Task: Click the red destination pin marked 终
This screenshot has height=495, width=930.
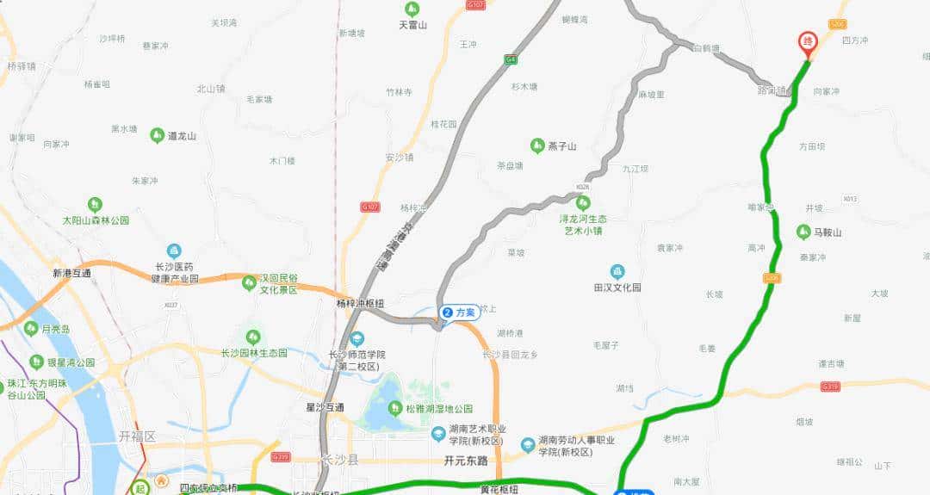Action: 807,42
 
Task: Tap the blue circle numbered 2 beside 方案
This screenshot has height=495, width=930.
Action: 447,312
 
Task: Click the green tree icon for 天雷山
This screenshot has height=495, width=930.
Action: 412,9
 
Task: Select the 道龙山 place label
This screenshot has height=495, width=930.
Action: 182,136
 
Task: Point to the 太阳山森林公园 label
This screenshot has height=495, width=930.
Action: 96,220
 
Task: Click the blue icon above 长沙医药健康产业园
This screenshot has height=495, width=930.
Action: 174,251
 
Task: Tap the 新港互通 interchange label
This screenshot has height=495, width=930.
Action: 71,273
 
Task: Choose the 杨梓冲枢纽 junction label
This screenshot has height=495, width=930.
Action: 359,303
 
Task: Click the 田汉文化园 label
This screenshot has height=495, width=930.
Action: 617,288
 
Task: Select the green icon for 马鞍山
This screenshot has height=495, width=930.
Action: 803,232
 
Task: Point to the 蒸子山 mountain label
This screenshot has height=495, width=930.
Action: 561,145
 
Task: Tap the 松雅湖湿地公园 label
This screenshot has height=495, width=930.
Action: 439,408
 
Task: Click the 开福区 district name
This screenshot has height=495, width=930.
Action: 137,436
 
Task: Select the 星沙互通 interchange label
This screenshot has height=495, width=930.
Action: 325,406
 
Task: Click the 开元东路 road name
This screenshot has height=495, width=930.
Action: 466,461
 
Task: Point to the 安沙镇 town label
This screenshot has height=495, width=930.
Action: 400,158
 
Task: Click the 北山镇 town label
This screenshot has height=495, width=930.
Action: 210,89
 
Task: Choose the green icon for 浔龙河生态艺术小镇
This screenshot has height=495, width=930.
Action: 583,203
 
